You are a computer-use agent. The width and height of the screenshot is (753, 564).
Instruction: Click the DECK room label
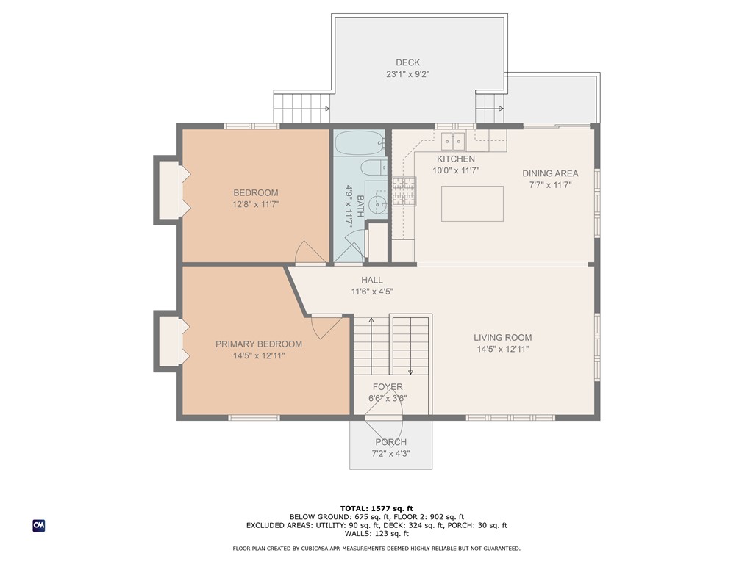pos(407,62)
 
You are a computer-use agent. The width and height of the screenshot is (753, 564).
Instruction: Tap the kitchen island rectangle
pos(472,203)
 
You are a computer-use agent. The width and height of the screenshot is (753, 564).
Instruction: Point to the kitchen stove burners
pos(403,191)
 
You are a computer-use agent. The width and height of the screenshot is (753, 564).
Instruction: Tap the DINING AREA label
pos(550,173)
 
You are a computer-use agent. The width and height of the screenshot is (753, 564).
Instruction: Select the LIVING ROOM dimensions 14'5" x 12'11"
pos(503,350)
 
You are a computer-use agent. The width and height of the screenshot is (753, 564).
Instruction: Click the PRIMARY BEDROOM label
pos(258,344)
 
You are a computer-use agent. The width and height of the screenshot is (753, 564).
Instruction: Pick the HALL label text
pos(372,280)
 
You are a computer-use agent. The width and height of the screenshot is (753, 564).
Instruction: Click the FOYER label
pos(388,387)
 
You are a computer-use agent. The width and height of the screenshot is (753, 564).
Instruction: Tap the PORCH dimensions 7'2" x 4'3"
pos(390,453)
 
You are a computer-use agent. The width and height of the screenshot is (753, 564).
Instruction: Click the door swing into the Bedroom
pos(310,253)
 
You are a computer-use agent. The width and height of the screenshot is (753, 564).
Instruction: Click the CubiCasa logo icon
pos(38,525)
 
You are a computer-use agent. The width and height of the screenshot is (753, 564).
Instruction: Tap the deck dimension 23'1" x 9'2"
pos(407,74)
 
